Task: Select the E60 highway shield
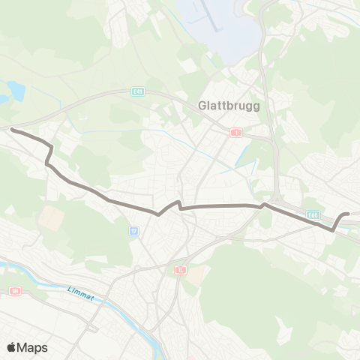click(x=314, y=215)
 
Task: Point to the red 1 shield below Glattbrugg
click(x=238, y=132)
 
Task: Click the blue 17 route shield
click(x=134, y=231)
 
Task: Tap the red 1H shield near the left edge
click(x=14, y=290)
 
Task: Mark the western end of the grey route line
click(x=12, y=130)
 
